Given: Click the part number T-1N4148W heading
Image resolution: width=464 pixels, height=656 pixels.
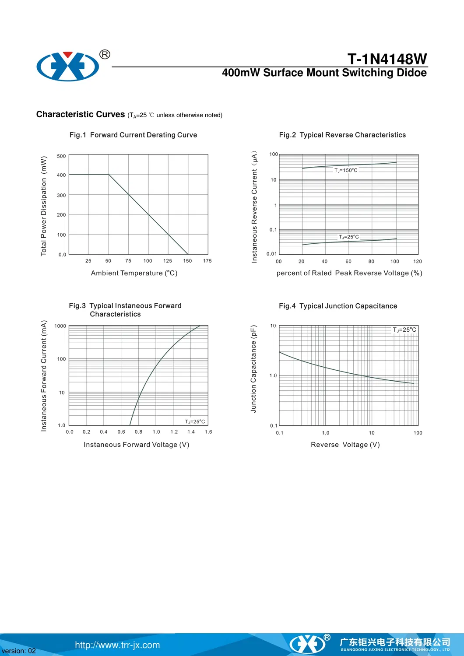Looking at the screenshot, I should tap(387, 59).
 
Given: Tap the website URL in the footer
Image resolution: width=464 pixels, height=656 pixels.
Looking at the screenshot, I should tap(117, 645).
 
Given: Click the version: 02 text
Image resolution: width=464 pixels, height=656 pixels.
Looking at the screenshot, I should tap(19, 651).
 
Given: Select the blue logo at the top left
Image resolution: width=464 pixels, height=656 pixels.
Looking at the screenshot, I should tap(68, 67).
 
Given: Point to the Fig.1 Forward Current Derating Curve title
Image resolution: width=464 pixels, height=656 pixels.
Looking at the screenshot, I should tap(133, 135).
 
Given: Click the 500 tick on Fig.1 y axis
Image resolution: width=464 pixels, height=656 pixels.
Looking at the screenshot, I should tap(61, 156).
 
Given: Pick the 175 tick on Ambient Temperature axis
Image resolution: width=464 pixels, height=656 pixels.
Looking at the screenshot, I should tap(207, 261).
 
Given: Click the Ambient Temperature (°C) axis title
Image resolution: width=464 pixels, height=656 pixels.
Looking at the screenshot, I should tap(134, 273).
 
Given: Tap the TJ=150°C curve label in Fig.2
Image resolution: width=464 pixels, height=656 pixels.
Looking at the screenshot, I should tap(346, 170).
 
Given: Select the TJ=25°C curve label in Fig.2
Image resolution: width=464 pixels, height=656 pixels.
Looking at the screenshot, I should tap(349, 237).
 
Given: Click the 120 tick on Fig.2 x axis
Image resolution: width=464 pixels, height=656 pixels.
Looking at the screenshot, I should tap(418, 261).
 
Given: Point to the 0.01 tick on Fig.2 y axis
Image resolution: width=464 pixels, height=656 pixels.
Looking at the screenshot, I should tap(272, 254).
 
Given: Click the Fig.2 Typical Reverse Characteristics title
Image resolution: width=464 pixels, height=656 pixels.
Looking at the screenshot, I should tap(342, 135).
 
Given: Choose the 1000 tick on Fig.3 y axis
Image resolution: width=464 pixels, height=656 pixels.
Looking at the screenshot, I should tap(60, 326).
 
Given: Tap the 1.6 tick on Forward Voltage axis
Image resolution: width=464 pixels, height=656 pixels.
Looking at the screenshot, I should tap(208, 432).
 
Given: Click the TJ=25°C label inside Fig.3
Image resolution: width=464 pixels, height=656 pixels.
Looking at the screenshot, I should tap(195, 421).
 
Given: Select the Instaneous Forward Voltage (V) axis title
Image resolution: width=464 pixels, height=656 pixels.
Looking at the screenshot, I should tap(137, 445).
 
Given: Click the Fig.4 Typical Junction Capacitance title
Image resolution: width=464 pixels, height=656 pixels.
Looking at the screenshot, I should tap(338, 306).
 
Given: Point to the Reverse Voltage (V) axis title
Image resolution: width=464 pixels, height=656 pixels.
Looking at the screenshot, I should tap(345, 445).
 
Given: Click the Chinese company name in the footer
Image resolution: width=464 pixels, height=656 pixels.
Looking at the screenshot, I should tap(395, 642).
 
